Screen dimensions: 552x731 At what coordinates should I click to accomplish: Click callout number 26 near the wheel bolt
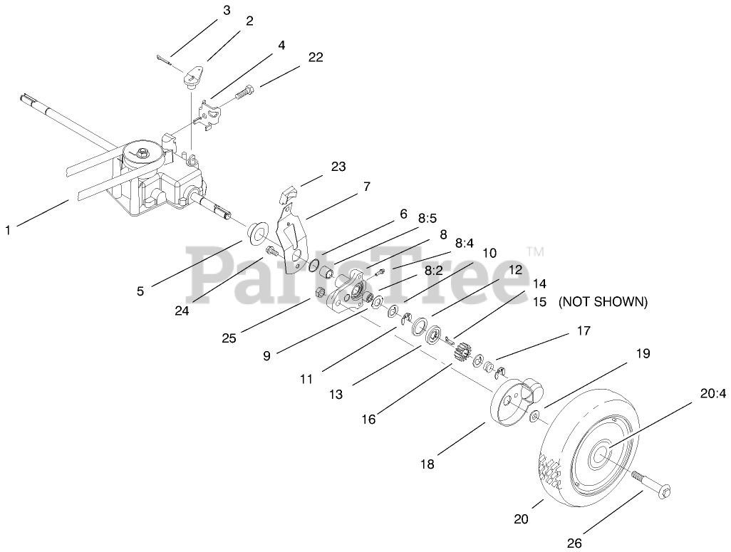(574, 543)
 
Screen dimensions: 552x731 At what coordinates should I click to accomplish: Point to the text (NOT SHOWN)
(603, 302)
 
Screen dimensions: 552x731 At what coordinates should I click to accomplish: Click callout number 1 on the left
(8, 230)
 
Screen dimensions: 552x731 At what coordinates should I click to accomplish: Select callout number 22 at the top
(316, 58)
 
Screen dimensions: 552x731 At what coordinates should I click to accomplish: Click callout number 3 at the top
(227, 10)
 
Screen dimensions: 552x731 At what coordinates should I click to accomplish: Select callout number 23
(338, 167)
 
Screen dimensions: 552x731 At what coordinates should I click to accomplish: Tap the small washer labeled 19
(535, 416)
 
